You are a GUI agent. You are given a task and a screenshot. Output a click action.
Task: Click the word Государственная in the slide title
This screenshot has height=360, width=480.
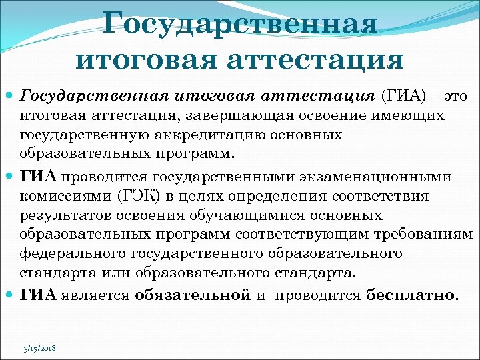(x=240, y=25)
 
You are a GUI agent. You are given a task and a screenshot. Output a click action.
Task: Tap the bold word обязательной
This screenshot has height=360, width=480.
(x=192, y=294)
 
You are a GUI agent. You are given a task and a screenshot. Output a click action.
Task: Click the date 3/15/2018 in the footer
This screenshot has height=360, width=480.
(x=39, y=348)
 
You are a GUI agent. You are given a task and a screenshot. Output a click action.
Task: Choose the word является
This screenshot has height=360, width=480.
(x=97, y=294)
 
